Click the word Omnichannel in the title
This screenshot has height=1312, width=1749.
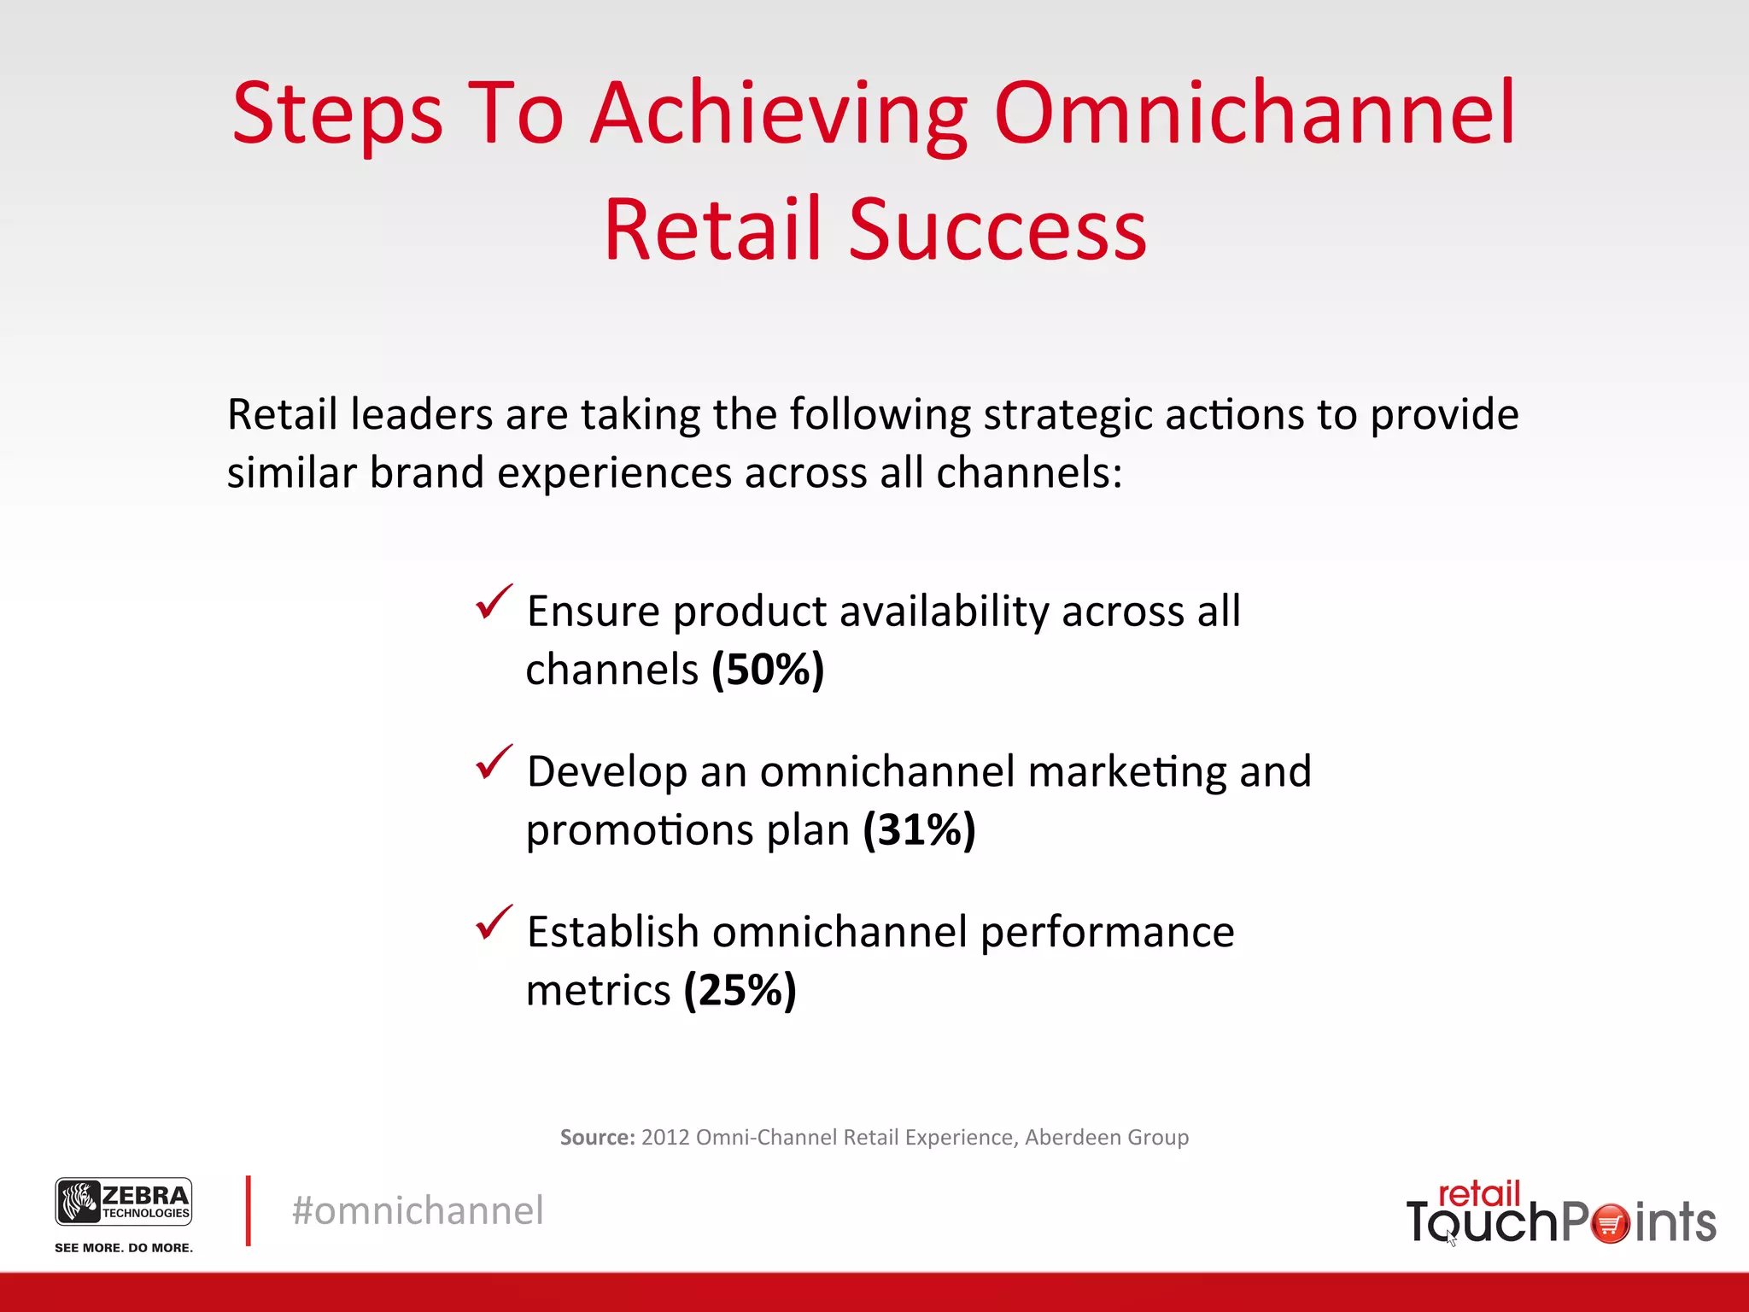(x=1255, y=113)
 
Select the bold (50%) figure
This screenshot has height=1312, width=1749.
(x=768, y=669)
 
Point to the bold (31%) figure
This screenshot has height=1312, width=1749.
(x=919, y=829)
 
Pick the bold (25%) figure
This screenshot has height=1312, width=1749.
(x=740, y=990)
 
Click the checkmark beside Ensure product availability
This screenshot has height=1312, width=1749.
(x=494, y=602)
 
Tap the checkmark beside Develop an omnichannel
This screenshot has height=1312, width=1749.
(x=494, y=762)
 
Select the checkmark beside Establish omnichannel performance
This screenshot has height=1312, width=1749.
(x=494, y=922)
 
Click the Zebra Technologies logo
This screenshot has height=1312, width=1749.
(x=124, y=1202)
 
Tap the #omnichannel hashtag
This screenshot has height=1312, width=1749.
(x=418, y=1210)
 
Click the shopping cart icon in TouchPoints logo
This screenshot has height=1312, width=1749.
(x=1611, y=1223)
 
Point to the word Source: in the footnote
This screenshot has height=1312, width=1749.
(x=597, y=1137)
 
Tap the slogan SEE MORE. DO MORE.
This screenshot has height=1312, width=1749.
(x=124, y=1248)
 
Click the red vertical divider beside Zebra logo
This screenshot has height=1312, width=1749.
(x=248, y=1210)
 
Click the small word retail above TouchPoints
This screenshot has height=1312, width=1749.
(x=1479, y=1193)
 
